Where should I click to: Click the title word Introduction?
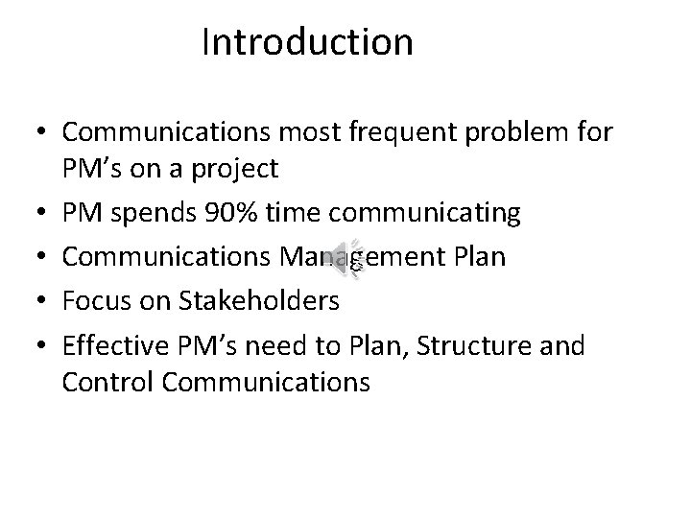[308, 43]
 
